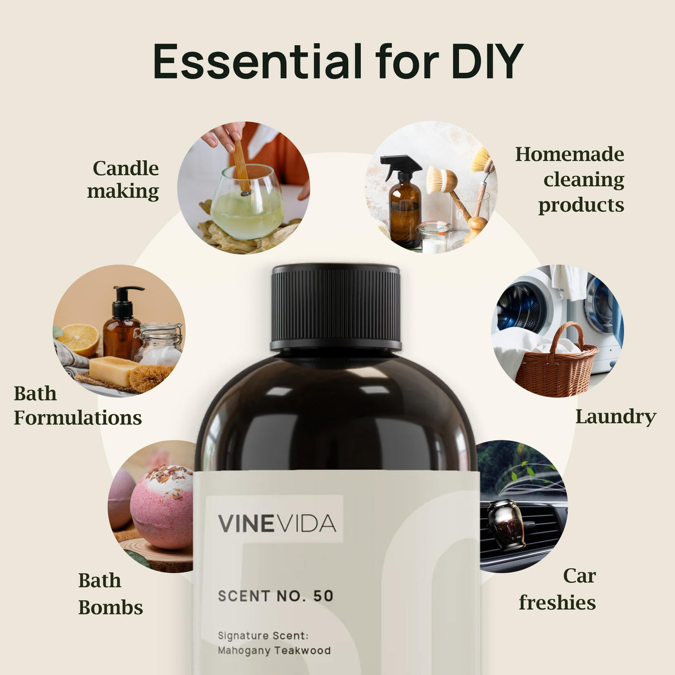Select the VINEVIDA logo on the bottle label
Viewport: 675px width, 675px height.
coord(276,523)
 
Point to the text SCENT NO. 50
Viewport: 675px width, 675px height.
coord(276,596)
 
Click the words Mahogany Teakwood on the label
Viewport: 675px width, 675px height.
coord(274,651)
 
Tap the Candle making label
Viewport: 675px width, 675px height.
coord(123,180)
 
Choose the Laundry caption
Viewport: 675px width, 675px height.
coord(616,416)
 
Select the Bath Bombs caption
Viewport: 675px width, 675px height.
coord(110,594)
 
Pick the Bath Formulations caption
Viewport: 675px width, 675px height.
coord(77,405)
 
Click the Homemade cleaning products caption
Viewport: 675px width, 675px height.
coord(570,180)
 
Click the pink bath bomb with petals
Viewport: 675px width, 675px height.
coord(162,507)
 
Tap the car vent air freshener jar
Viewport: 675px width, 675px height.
coord(506,523)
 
